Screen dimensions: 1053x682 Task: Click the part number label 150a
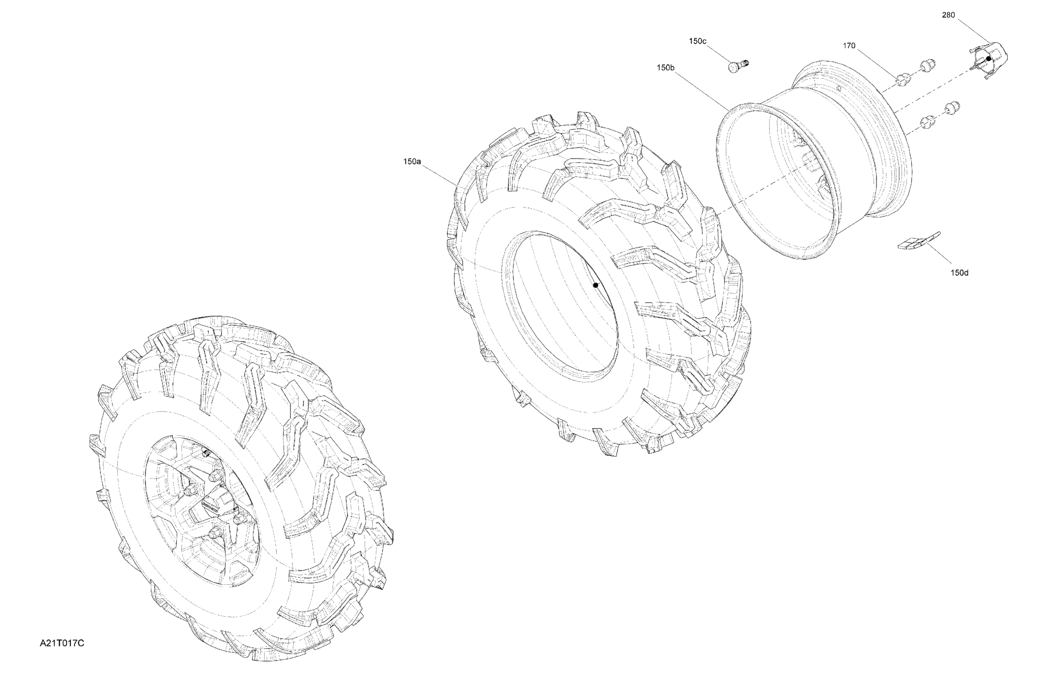pos(412,162)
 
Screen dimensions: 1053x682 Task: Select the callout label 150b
pos(665,68)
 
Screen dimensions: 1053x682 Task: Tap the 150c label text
pos(698,41)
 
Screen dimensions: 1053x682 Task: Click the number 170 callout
pos(849,45)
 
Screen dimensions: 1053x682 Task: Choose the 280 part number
pos(948,15)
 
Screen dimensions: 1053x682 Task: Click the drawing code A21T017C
pos(62,643)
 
